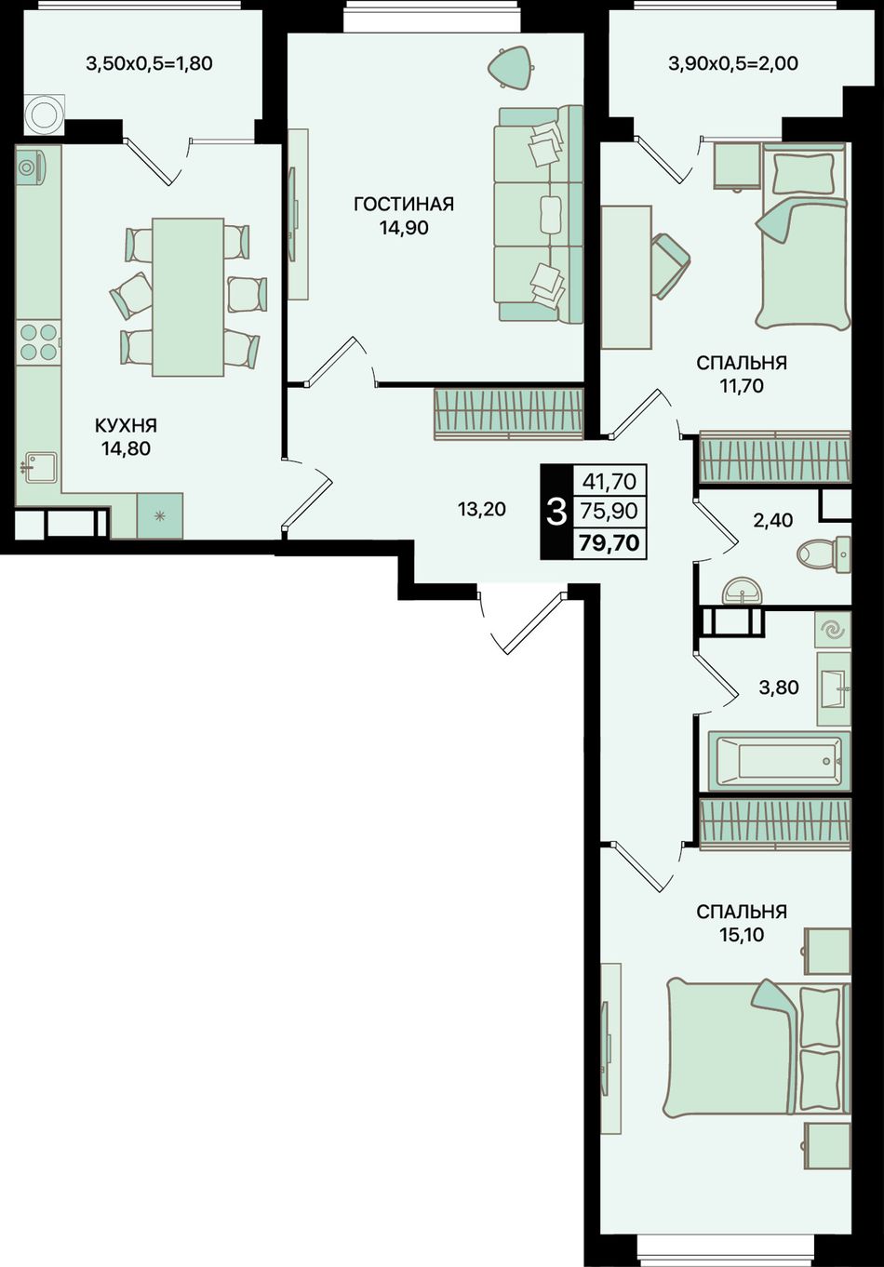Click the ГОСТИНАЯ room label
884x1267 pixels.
pos(404,204)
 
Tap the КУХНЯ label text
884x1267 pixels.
pos(126,425)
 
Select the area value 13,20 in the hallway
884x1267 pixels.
pos(482,509)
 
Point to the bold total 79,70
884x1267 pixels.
pos(609,543)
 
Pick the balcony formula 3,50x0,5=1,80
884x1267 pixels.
pos(150,62)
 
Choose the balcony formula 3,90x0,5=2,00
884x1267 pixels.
pos(733,62)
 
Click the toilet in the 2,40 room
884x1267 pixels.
pos(824,553)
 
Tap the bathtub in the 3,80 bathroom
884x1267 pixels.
pos(779,761)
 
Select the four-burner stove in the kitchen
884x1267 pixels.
pos(38,342)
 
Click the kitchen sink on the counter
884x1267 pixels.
pos(40,467)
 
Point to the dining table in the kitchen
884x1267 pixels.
pos(188,297)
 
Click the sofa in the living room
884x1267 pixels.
pos(538,214)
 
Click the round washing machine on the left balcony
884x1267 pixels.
pos(44,114)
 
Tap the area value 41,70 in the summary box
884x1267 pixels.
pos(609,481)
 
